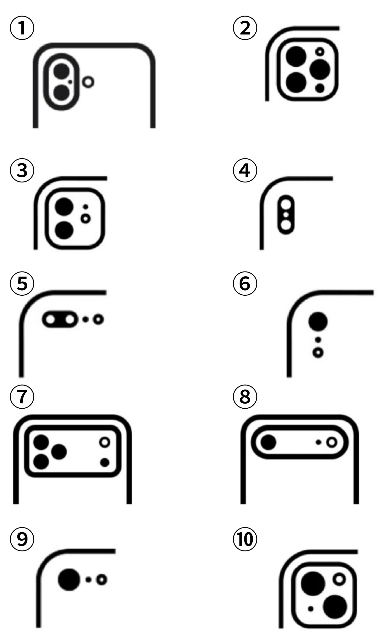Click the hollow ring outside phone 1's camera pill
[88, 82]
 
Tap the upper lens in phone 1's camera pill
[62, 71]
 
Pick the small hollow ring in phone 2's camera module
[320, 52]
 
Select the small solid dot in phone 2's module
[320, 88]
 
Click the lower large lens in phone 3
[64, 230]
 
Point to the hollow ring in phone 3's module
[86, 219]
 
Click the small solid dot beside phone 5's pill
[86, 320]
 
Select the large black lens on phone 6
[318, 321]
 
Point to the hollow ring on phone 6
[318, 353]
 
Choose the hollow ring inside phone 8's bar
[332, 442]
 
